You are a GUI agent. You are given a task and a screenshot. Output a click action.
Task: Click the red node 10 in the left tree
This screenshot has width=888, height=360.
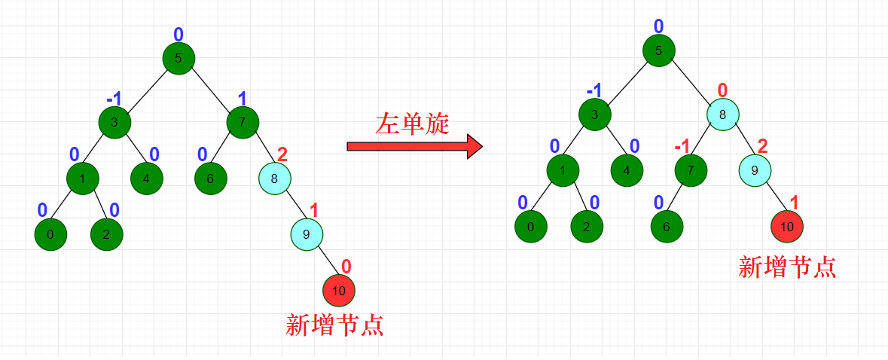pyautogui.click(x=338, y=290)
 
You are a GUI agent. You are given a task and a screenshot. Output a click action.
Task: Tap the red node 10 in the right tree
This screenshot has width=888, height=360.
pyautogui.click(x=787, y=225)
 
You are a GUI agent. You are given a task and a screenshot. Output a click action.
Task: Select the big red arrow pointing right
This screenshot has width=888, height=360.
pyautogui.click(x=413, y=146)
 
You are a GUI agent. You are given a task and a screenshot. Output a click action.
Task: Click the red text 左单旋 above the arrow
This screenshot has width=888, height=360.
pyautogui.click(x=412, y=124)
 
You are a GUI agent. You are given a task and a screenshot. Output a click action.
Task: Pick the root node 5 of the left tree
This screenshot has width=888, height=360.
pyautogui.click(x=179, y=58)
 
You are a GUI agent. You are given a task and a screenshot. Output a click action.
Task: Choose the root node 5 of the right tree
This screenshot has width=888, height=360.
pyautogui.click(x=658, y=51)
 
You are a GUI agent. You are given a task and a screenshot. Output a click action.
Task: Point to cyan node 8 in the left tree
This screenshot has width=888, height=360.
pyautogui.click(x=274, y=178)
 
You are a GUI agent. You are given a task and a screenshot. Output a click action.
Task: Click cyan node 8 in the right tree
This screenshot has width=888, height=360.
pyautogui.click(x=722, y=115)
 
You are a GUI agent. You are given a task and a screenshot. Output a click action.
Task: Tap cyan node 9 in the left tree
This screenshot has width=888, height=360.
pyautogui.click(x=307, y=234)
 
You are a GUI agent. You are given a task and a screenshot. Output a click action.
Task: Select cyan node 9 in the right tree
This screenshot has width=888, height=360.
pyautogui.click(x=755, y=169)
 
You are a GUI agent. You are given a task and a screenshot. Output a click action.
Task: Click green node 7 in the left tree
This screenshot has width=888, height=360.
pyautogui.click(x=243, y=122)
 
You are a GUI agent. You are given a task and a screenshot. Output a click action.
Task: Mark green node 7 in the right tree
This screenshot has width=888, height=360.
pyautogui.click(x=691, y=169)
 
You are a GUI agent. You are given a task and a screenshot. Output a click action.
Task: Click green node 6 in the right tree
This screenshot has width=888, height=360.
pyautogui.click(x=667, y=225)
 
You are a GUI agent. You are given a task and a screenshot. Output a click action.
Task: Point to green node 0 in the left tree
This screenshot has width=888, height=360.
pyautogui.click(x=50, y=234)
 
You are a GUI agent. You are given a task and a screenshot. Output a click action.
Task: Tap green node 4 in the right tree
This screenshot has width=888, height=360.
pyautogui.click(x=627, y=169)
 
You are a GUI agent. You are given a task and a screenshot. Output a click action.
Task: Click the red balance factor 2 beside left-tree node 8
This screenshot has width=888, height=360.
pyautogui.click(x=282, y=154)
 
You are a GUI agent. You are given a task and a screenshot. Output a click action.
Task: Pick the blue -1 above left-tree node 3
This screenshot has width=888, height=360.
pyautogui.click(x=114, y=99)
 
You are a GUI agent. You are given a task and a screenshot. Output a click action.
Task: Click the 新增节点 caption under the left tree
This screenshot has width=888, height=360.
pyautogui.click(x=335, y=325)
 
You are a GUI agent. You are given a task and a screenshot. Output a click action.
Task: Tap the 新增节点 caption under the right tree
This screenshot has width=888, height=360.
pyautogui.click(x=787, y=267)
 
